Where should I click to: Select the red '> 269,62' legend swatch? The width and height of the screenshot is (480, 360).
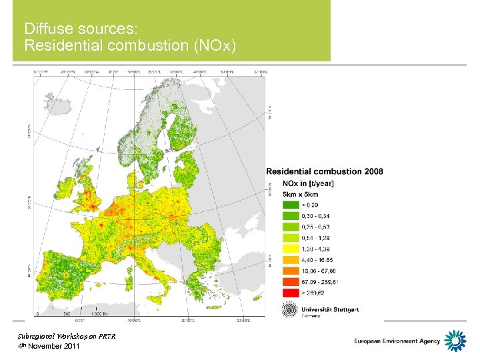(292, 291)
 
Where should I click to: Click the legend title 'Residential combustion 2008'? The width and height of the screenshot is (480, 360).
(325, 171)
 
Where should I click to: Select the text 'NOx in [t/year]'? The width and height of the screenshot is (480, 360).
(309, 183)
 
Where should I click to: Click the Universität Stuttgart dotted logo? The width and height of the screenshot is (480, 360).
(290, 310)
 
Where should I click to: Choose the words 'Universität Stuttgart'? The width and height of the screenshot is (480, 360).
(330, 309)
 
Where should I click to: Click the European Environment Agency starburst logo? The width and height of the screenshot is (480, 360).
(455, 340)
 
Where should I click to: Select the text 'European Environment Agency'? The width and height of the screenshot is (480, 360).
(397, 341)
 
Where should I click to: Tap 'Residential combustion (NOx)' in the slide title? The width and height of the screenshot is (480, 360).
(129, 45)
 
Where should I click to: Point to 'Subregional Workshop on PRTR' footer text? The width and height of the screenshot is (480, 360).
(67, 336)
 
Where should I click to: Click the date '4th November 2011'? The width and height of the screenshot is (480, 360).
(49, 346)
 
